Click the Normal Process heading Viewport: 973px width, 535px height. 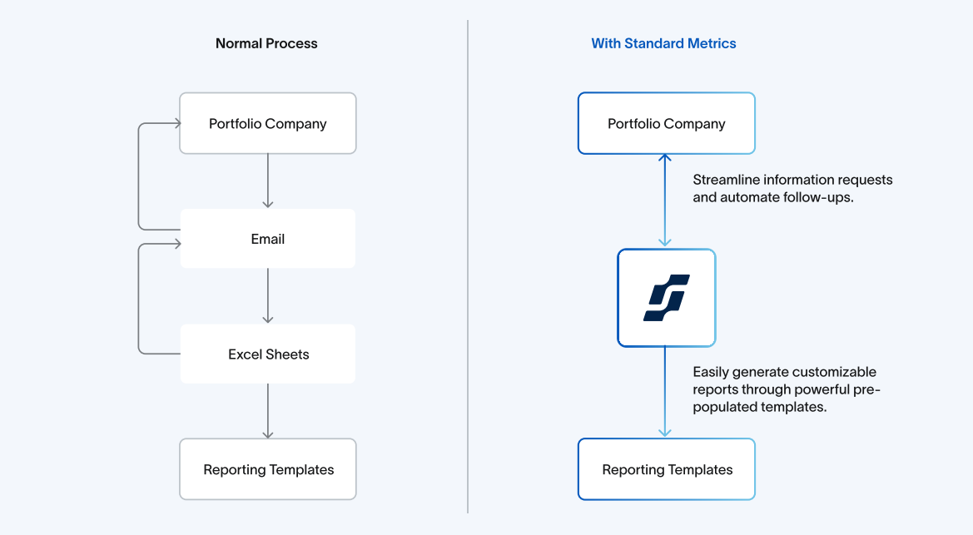pos(266,43)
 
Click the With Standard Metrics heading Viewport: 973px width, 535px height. pos(663,43)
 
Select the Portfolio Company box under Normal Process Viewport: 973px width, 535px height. pos(268,123)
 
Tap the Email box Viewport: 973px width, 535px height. pos(268,239)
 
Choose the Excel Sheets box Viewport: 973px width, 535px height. pos(268,354)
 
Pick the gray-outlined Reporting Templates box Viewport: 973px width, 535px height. pos(268,469)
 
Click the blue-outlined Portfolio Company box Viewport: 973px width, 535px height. pos(666,123)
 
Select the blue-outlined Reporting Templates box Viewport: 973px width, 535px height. pos(666,469)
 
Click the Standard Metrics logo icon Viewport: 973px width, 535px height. pos(666,298)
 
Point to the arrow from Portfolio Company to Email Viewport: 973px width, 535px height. pos(267,181)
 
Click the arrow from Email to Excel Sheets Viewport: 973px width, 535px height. pos(267,296)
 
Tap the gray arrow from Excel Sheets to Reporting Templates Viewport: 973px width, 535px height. pos(267,411)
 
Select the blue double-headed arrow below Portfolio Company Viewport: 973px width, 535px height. pos(664,201)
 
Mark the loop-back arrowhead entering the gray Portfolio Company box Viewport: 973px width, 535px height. pos(175,123)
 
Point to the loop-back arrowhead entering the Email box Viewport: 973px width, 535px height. pos(175,244)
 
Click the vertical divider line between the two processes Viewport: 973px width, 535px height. pos(468,266)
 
